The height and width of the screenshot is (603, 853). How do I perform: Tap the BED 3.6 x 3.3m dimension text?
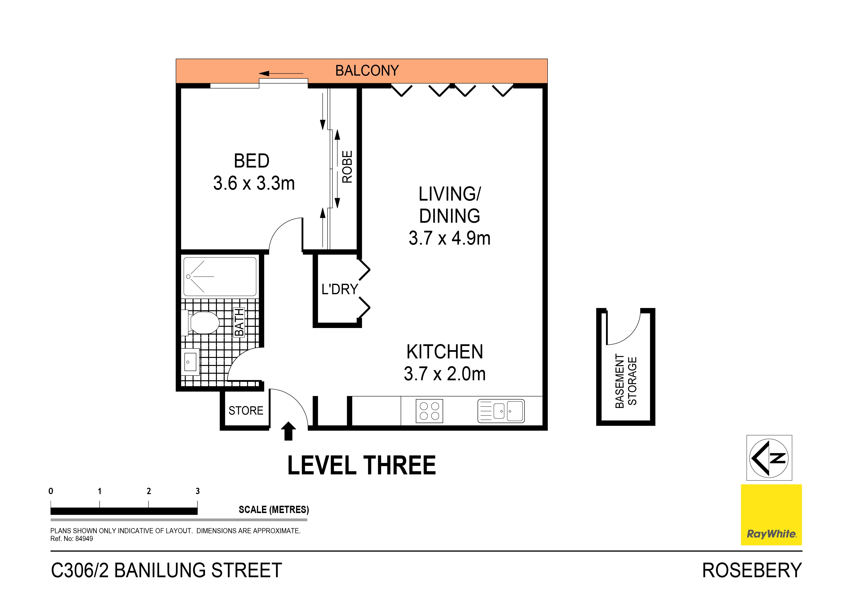[x=254, y=183]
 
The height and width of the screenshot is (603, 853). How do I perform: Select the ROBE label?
[x=347, y=167]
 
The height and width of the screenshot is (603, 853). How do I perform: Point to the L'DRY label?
[x=339, y=289]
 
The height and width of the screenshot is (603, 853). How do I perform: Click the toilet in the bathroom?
[x=203, y=322]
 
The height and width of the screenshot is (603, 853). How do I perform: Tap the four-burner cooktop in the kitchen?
[x=429, y=411]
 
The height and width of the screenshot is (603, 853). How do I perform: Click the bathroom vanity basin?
[x=190, y=362]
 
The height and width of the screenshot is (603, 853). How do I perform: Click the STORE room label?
[x=246, y=410]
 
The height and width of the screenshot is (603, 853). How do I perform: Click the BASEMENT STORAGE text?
[x=626, y=381]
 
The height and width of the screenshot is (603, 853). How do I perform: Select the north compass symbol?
[x=769, y=458]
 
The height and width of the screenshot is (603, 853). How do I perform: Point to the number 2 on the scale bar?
[x=149, y=491]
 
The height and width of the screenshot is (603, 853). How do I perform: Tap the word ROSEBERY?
[x=752, y=570]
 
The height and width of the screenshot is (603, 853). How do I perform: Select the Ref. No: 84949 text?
[x=72, y=539]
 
